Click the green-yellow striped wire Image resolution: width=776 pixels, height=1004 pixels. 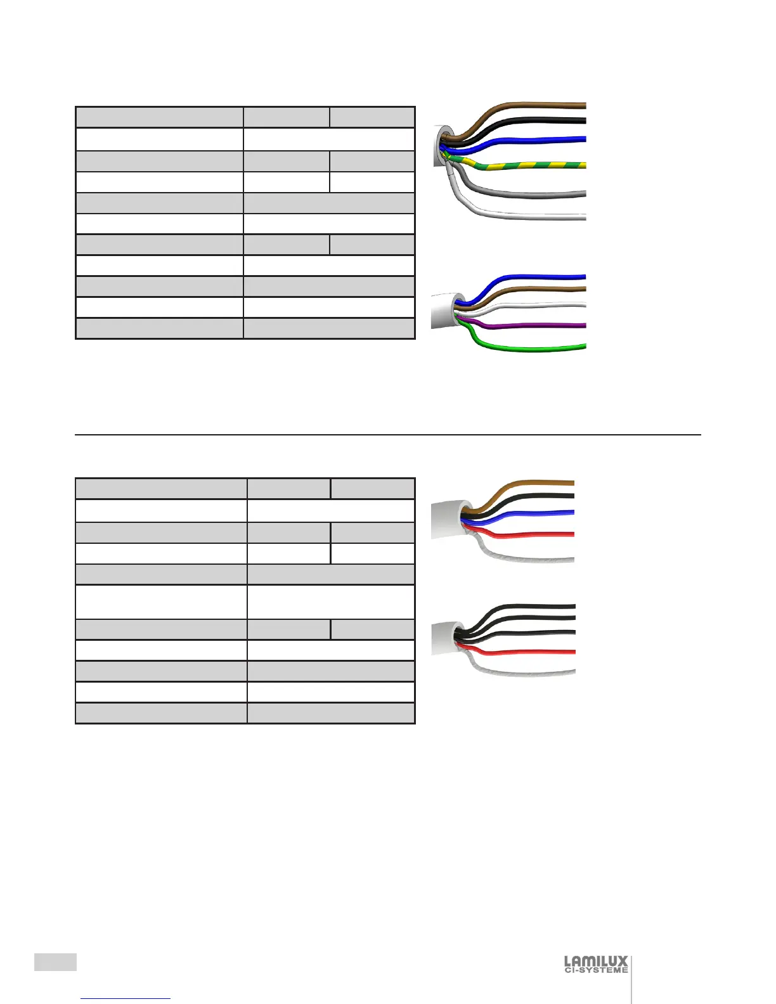pos(539,166)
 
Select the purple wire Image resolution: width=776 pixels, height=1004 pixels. pos(539,325)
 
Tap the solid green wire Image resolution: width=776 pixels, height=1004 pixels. pos(539,348)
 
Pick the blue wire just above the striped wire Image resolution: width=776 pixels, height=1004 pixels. pos(539,140)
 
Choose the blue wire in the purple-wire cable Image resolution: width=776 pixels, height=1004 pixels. pos(539,277)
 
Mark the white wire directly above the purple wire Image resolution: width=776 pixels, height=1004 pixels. pos(539,306)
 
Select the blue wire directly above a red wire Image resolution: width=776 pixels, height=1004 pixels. pos(539,512)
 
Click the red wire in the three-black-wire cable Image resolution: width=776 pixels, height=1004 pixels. pos(539,652)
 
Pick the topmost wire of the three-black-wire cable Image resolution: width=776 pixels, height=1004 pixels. pos(539,607)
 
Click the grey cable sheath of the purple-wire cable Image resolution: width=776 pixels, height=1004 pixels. pos(443,310)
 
